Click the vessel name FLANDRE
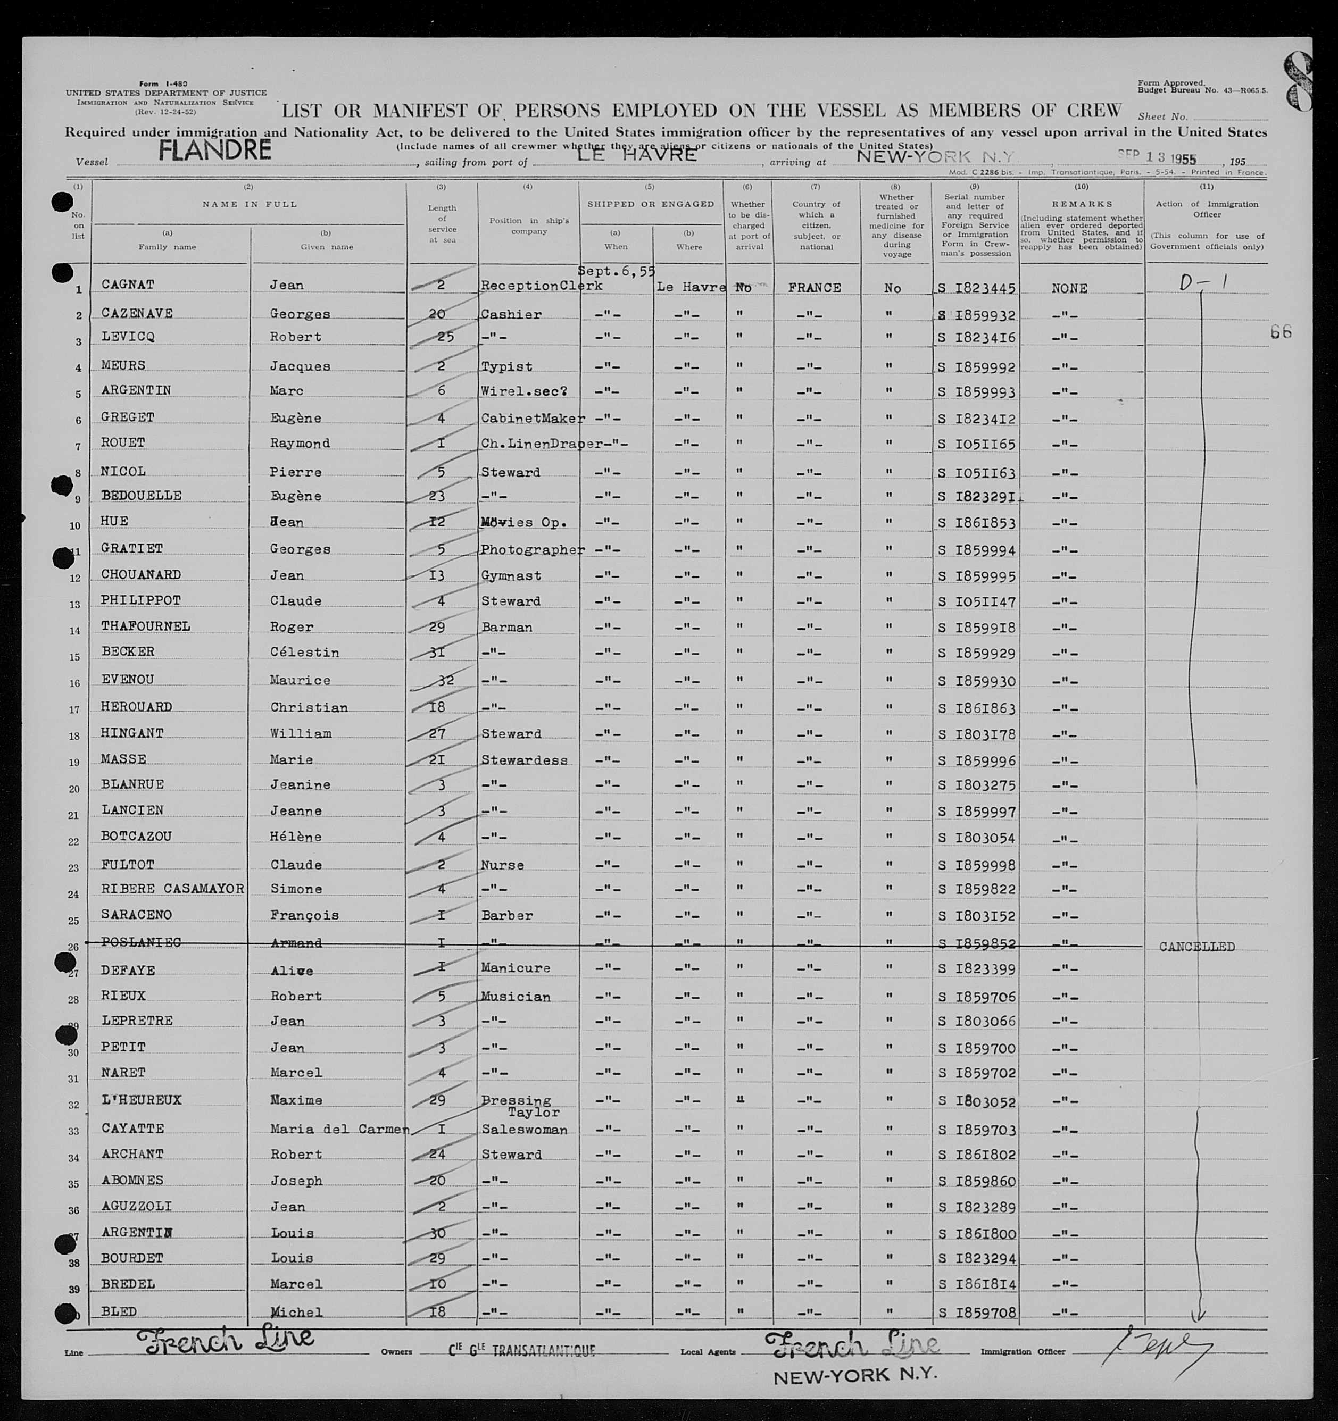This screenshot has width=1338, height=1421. click(214, 149)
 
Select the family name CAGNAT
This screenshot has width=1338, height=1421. click(128, 285)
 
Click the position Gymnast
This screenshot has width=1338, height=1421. click(511, 575)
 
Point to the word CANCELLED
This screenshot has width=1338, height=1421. click(1196, 947)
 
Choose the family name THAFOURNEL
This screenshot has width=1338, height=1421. click(145, 626)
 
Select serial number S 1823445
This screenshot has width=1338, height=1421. click(976, 289)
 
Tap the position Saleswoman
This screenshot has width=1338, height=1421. click(524, 1130)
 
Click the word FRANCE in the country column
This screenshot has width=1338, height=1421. click(814, 287)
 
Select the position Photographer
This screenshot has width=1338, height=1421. click(532, 550)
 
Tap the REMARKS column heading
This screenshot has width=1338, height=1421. click(1081, 204)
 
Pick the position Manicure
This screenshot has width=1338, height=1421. click(515, 968)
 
